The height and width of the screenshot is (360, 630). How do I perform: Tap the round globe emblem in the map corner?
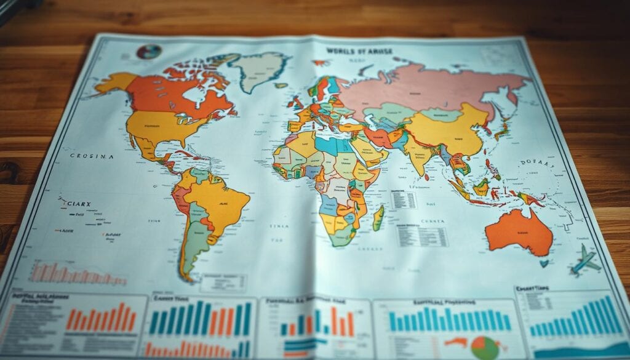148,51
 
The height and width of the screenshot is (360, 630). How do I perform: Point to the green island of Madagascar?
378,218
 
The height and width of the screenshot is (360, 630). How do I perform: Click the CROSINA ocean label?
92,156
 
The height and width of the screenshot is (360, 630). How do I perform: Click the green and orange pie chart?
485,346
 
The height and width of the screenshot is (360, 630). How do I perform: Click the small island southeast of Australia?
544,263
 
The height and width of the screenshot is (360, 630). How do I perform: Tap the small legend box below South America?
223,282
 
